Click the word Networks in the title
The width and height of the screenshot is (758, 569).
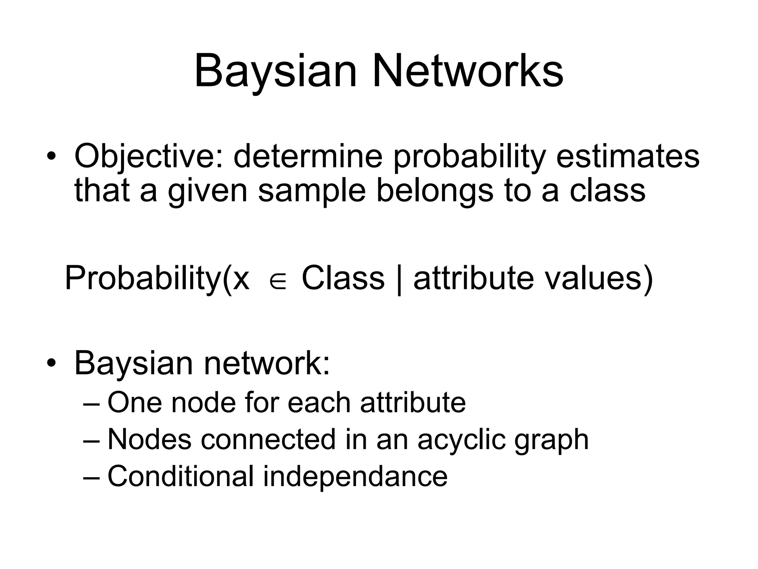(x=468, y=71)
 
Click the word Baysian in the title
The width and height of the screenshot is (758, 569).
(x=275, y=71)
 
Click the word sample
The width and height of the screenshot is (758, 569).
(x=312, y=191)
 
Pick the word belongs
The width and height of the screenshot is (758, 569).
(x=435, y=191)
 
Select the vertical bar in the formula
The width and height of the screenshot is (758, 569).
(x=399, y=279)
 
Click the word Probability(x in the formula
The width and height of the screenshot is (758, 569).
(x=157, y=279)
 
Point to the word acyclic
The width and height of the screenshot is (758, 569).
(x=461, y=440)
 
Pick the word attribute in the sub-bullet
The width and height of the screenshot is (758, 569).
(x=413, y=403)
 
